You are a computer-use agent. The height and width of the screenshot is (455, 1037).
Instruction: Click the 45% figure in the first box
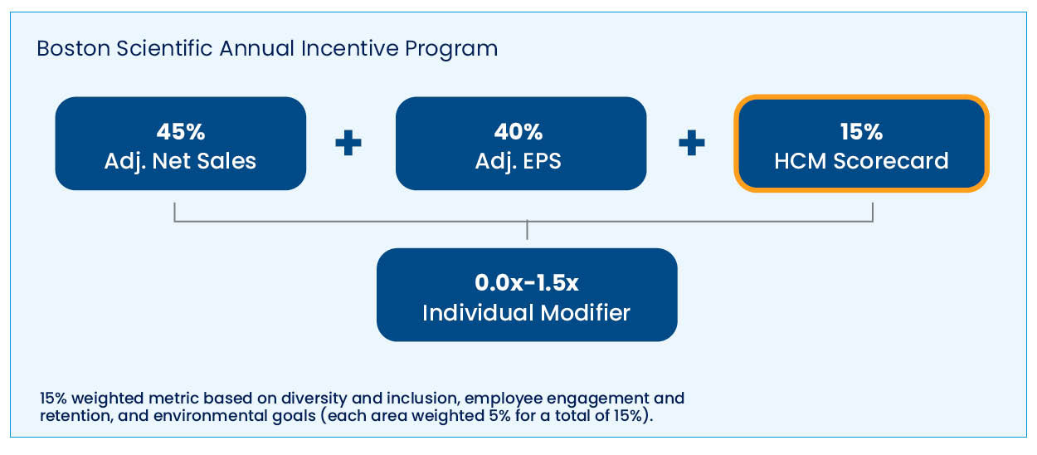pyautogui.click(x=181, y=131)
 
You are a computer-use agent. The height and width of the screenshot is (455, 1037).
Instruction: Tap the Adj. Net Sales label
pyautogui.click(x=180, y=162)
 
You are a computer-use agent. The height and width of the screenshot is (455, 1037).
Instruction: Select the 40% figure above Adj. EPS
pyautogui.click(x=518, y=131)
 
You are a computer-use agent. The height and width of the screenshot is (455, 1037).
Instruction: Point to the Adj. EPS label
pyautogui.click(x=518, y=162)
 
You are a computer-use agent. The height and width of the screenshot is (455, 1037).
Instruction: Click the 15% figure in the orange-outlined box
pyautogui.click(x=862, y=131)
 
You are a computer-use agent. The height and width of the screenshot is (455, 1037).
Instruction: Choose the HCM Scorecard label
pyautogui.click(x=862, y=161)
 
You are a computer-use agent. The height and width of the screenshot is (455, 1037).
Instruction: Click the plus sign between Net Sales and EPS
pyautogui.click(x=348, y=143)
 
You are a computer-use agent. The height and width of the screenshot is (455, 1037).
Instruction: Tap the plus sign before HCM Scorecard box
pyautogui.click(x=692, y=143)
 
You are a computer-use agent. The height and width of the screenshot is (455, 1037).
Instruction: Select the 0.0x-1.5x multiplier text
pyautogui.click(x=527, y=282)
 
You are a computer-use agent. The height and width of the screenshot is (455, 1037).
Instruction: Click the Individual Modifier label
pyautogui.click(x=526, y=313)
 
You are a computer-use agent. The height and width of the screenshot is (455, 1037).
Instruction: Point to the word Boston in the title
pyautogui.click(x=73, y=49)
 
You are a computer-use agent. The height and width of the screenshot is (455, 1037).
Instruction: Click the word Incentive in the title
pyautogui.click(x=349, y=49)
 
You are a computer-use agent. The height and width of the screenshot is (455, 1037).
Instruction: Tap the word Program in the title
pyautogui.click(x=451, y=50)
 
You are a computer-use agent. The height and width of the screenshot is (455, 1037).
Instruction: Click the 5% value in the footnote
pyautogui.click(x=499, y=416)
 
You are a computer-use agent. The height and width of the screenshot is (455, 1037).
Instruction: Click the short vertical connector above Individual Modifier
pyautogui.click(x=527, y=230)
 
